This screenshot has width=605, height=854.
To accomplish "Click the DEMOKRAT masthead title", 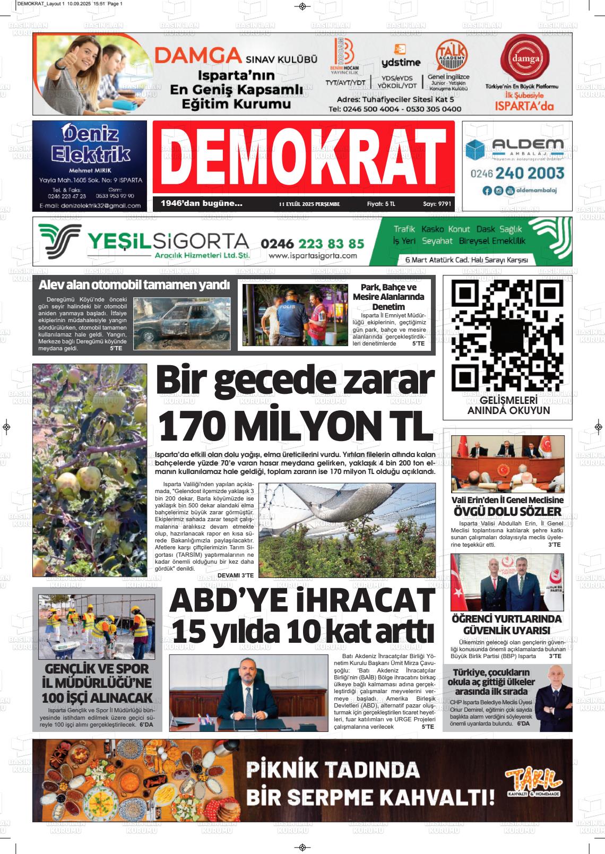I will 304,158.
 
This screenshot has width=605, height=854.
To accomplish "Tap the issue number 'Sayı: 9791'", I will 437,204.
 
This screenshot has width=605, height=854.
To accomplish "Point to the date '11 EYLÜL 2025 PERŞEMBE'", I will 309,204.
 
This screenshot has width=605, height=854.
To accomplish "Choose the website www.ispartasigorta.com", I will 313,256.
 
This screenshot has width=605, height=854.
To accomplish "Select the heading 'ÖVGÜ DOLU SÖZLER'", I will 507,512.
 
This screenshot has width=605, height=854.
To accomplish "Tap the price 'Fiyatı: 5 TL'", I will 381,204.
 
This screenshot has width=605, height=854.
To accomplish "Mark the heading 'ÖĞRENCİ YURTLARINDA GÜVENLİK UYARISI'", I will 506,625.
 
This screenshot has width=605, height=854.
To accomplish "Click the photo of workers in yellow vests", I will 96,626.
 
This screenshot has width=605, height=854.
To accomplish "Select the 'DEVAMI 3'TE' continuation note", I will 236,575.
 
